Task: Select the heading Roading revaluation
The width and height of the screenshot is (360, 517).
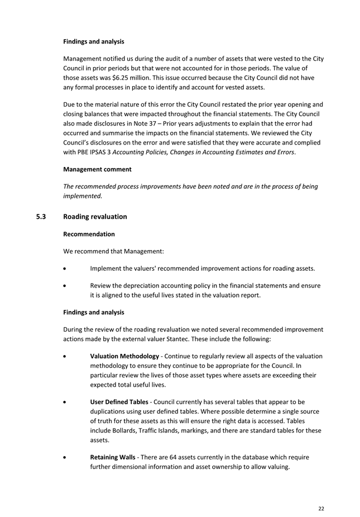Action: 95,216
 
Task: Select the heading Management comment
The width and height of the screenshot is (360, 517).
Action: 97,169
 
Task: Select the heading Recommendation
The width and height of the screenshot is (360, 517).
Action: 89,234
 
